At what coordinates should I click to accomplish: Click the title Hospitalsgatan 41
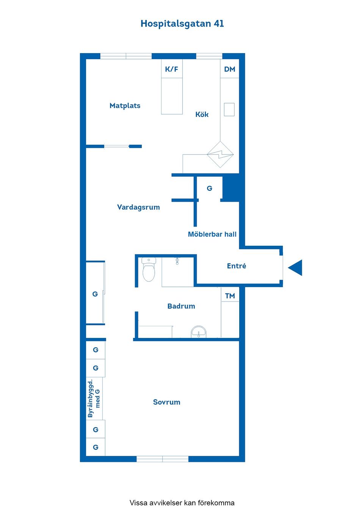[x=182, y=24]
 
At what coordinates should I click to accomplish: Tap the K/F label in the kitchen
[x=171, y=69]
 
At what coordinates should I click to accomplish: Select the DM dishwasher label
[x=229, y=69]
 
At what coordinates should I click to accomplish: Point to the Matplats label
[x=125, y=105]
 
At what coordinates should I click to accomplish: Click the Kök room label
[x=202, y=114]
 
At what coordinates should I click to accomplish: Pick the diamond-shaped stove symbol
[x=220, y=154]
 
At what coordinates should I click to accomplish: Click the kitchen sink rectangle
[x=229, y=109]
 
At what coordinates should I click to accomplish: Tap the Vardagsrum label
[x=138, y=207]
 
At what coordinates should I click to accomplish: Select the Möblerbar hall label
[x=212, y=234]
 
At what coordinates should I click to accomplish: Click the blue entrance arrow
[x=296, y=268]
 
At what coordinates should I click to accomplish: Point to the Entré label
[x=236, y=266]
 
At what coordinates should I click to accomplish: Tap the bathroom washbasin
[x=198, y=332]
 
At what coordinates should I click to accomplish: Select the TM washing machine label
[x=230, y=296]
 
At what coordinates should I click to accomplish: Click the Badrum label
[x=181, y=306]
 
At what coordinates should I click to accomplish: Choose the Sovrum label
[x=166, y=402]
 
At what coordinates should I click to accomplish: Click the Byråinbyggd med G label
[x=94, y=398]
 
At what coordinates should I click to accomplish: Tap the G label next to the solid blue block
[x=209, y=188]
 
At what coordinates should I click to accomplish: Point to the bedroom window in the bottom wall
[x=162, y=459]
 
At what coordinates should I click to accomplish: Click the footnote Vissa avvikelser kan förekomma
[x=182, y=503]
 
